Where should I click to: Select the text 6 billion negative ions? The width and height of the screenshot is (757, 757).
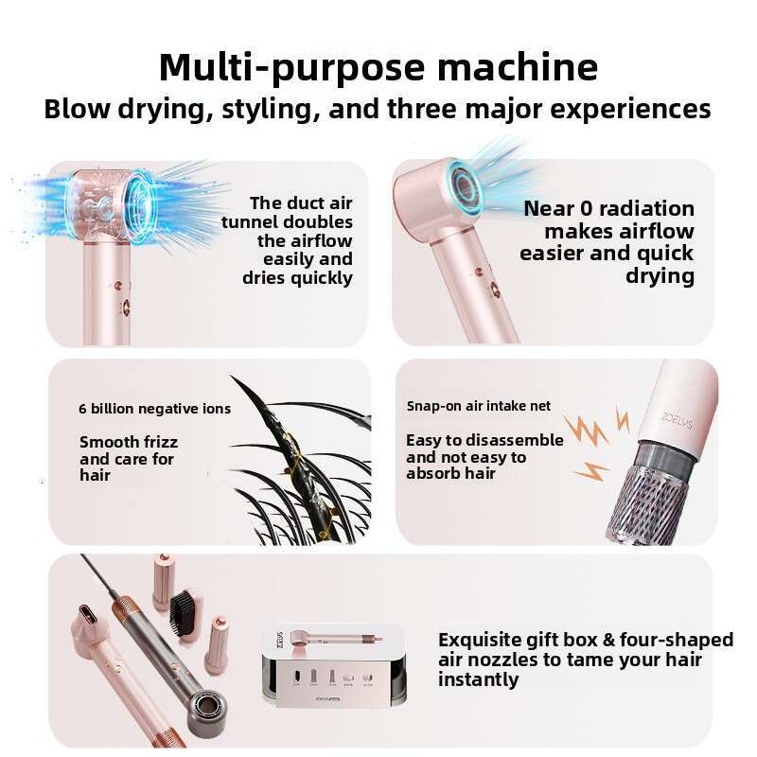[155, 409]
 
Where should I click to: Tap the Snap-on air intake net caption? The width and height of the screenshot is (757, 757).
[479, 406]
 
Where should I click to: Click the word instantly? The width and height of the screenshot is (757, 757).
[478, 679]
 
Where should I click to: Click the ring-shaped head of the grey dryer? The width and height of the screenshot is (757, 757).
[207, 711]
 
